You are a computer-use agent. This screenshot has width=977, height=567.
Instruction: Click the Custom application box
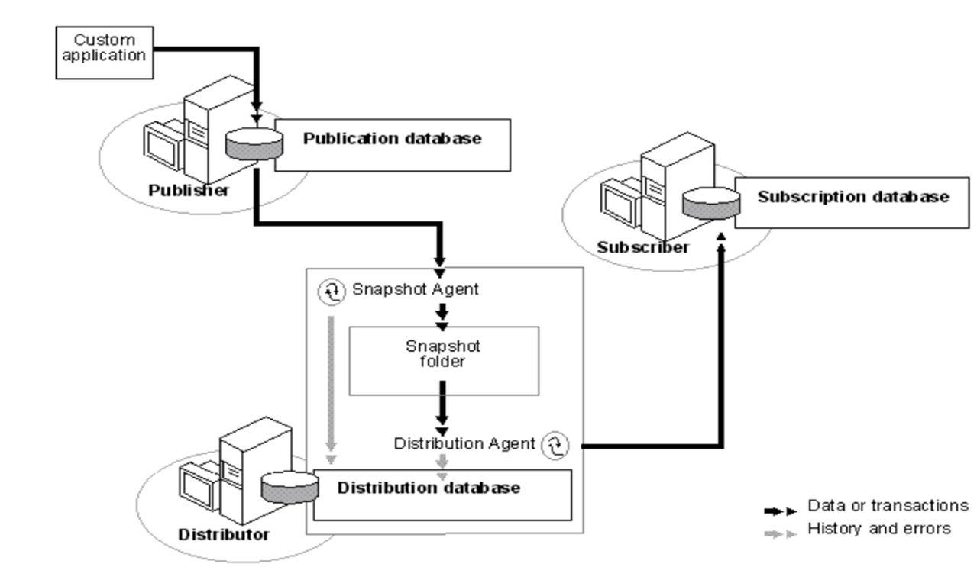[x=104, y=48]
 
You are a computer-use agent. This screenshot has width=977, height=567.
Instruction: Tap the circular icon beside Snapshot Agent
[x=331, y=291]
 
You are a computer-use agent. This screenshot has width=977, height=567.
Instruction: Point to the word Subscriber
[x=643, y=247]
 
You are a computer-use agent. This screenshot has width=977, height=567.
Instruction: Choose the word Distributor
[x=224, y=534]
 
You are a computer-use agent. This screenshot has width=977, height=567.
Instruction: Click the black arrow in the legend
[x=781, y=508]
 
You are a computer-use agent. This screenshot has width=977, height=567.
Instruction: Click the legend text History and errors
[x=878, y=528]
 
